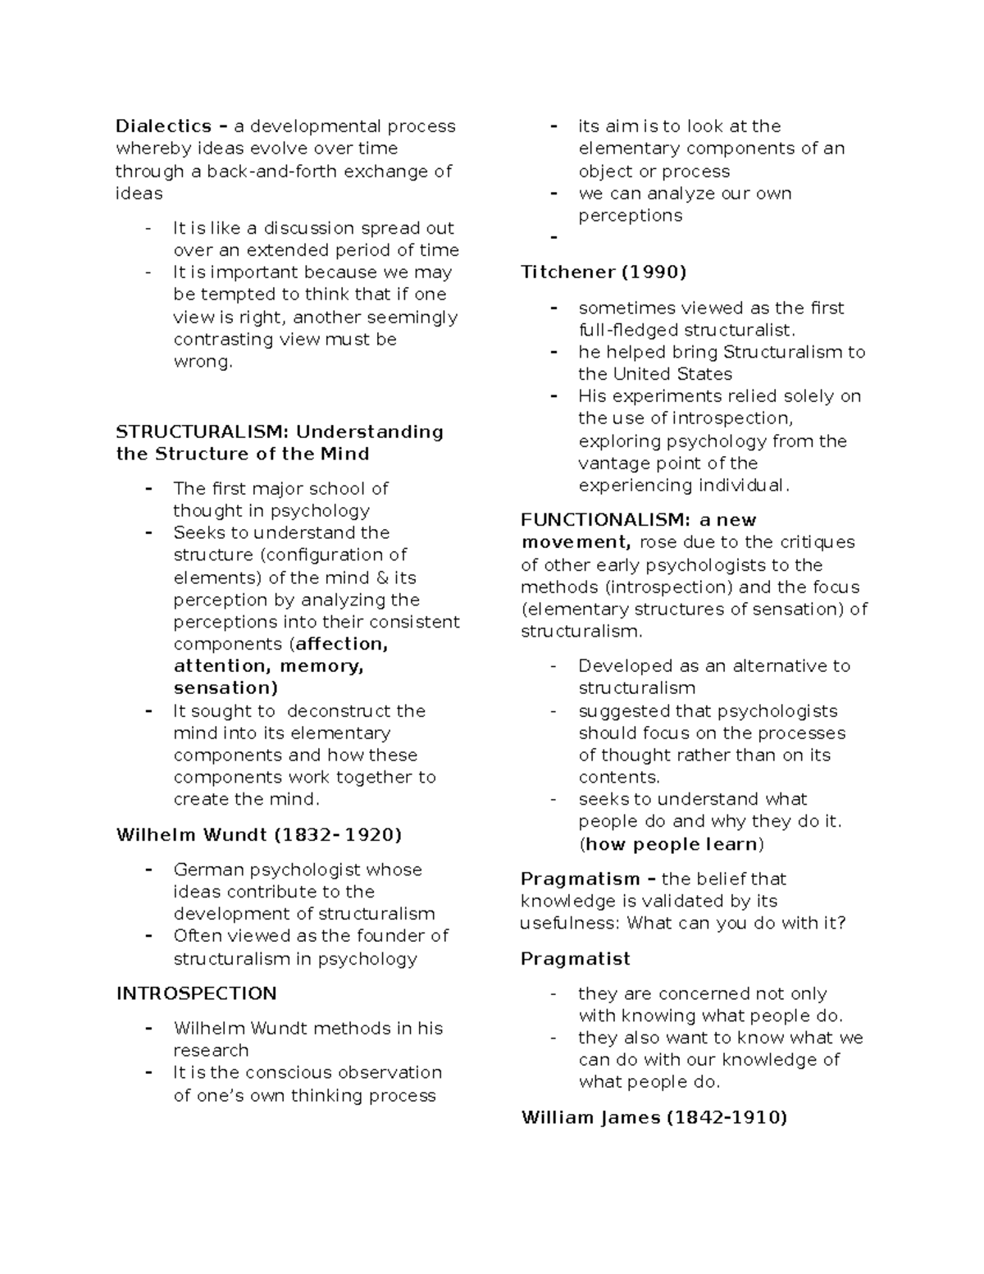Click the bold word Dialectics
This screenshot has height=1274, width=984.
click(163, 126)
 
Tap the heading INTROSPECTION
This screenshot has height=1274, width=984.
click(196, 993)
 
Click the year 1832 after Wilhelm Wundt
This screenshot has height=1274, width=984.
click(303, 835)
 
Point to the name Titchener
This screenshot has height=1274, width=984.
click(567, 272)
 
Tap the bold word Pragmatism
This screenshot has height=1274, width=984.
click(580, 879)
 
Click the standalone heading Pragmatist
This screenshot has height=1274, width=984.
click(575, 958)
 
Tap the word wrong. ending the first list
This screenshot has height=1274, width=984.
click(203, 362)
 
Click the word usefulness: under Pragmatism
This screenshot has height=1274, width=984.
click(570, 923)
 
